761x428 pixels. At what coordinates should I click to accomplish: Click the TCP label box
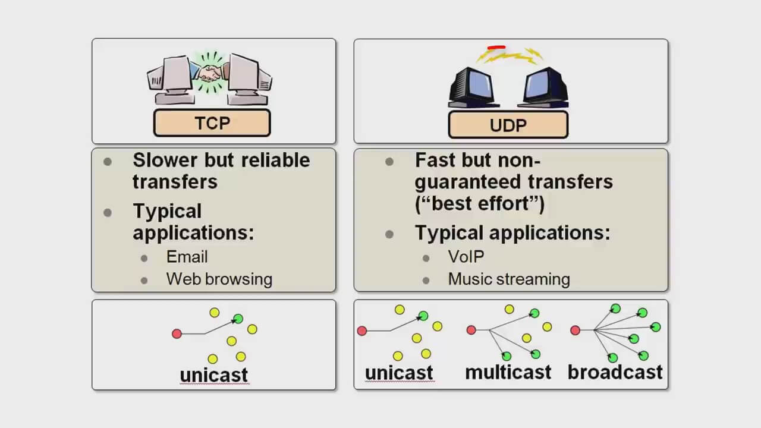tap(212, 122)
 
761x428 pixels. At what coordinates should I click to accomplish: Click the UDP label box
tap(508, 125)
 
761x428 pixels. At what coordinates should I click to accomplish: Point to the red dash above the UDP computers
tap(496, 47)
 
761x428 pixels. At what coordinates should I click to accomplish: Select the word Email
tap(187, 257)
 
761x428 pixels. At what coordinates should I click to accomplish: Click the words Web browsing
tap(219, 279)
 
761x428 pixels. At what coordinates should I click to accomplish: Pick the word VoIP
tap(466, 256)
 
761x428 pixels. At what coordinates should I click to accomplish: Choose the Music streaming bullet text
tap(509, 279)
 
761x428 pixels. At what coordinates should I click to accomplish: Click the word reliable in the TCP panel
tap(275, 160)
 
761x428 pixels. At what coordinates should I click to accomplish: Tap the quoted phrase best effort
tap(480, 204)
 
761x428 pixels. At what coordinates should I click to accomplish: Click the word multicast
tap(508, 372)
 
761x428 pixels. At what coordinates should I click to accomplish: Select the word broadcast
tap(615, 372)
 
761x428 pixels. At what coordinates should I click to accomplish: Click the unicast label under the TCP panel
tap(214, 375)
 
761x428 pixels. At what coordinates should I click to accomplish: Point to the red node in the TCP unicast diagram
tap(177, 333)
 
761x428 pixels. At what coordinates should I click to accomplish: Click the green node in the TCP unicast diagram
tap(238, 319)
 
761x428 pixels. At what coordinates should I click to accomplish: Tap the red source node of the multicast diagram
tap(471, 330)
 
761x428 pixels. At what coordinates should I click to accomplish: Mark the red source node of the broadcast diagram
tap(575, 330)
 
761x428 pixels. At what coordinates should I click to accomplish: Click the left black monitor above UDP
tap(473, 87)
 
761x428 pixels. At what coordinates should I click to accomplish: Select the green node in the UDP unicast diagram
tap(423, 316)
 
